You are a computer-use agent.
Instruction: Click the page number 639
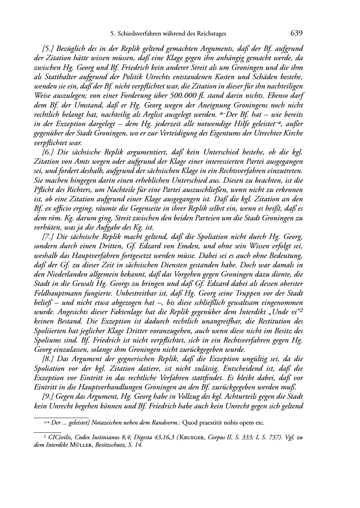(x=297, y=33)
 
